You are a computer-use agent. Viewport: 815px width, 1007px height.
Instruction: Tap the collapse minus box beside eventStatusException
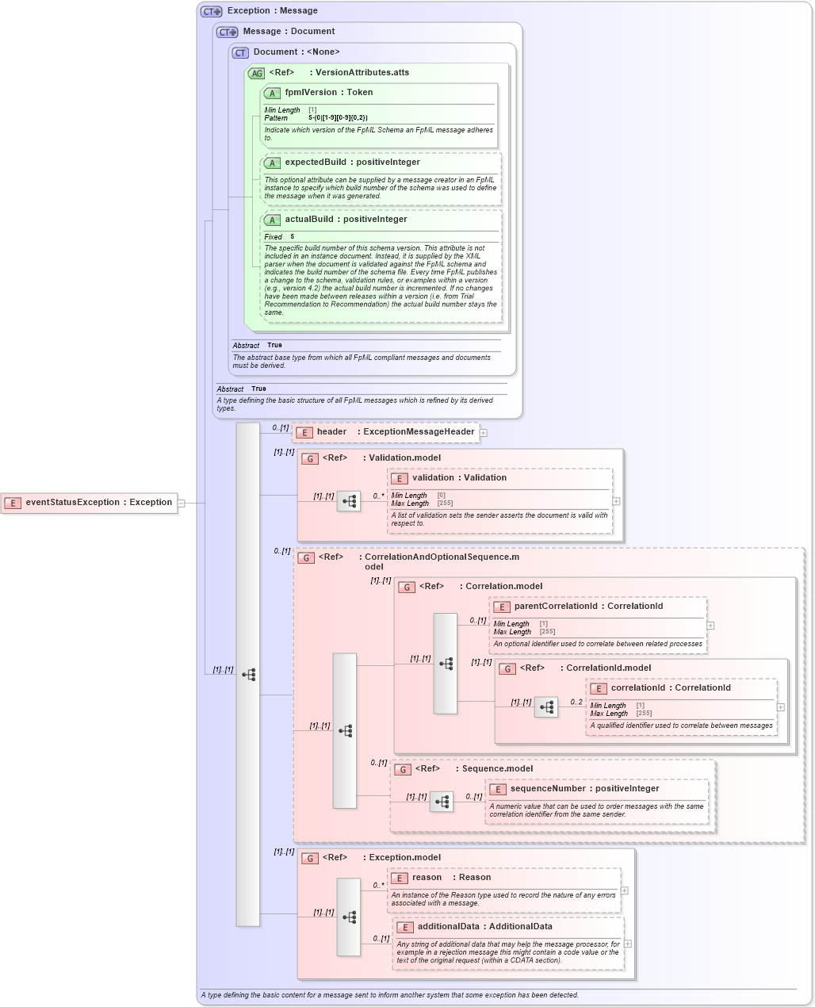pos(181,503)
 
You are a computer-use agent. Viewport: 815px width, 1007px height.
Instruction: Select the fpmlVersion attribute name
pos(311,93)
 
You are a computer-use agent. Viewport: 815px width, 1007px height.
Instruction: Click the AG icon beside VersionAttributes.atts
pos(257,73)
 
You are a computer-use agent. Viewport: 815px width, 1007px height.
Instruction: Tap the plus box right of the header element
pos(483,433)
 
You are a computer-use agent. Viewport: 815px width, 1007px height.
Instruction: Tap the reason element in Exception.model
pos(427,878)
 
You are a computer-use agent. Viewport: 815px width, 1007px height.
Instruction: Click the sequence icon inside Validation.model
pos(349,501)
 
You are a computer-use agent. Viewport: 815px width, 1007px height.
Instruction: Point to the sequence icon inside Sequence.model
pos(442,802)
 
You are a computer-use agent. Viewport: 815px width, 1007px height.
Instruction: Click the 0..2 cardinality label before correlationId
pos(576,702)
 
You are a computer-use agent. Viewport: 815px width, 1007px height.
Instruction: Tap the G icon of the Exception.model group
pos(310,858)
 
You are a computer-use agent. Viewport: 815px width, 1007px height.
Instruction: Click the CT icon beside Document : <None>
pos(240,52)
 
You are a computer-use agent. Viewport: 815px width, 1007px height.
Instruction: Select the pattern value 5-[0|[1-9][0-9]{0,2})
pos(338,118)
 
